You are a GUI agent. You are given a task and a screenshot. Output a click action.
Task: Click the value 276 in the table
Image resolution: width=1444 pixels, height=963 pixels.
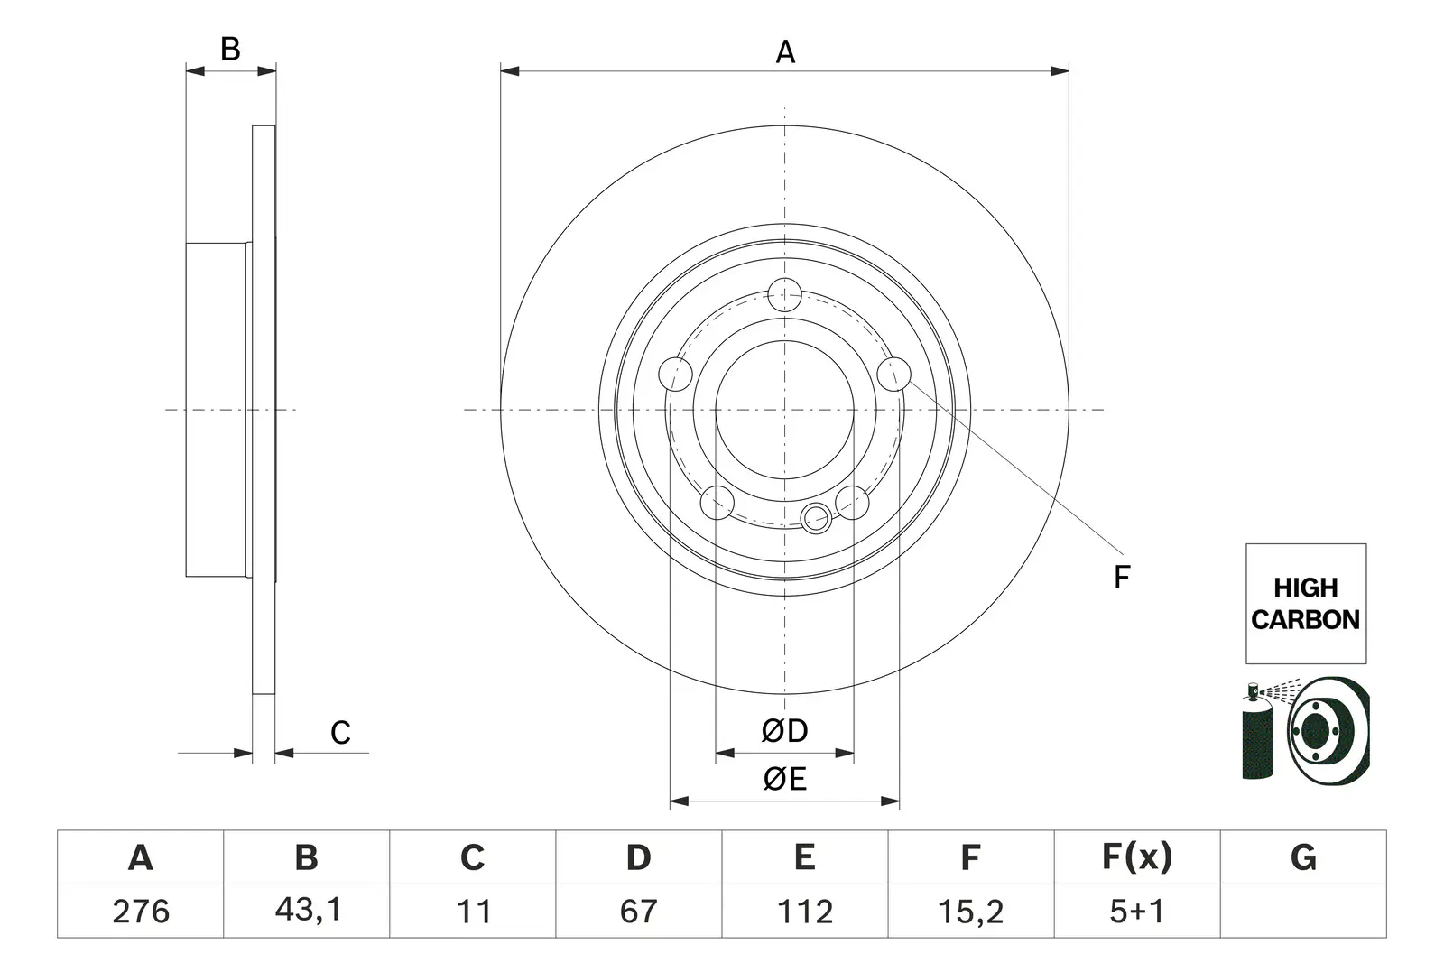coord(141,912)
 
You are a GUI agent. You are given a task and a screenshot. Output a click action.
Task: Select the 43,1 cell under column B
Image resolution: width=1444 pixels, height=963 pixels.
coord(308,910)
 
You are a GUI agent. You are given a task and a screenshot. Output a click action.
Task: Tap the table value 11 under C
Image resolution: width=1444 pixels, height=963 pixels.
coord(474,912)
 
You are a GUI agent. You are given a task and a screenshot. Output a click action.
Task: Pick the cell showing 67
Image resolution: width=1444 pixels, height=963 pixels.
coord(638,912)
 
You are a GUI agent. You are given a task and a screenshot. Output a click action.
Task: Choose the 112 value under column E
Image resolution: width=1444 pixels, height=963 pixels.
coord(804,912)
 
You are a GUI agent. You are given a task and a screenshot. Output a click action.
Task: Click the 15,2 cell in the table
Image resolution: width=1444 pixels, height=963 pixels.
coord(970,912)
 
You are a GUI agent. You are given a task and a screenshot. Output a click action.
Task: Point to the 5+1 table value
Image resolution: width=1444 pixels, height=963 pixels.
coord(1136,912)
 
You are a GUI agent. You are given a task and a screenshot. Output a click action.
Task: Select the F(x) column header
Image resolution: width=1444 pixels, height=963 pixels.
coord(1137,857)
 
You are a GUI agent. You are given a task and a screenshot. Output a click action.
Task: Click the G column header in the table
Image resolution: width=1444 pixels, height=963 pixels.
coord(1303,857)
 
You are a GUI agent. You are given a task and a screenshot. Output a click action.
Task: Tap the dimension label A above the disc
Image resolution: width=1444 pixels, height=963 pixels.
coord(785,52)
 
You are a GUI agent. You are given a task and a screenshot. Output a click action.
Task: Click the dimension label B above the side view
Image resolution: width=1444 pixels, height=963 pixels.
coord(230,49)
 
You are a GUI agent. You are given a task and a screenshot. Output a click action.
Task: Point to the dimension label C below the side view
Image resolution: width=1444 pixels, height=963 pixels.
coord(340,733)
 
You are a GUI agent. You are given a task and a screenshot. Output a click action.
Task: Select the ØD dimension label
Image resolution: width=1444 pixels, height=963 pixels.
coord(784,731)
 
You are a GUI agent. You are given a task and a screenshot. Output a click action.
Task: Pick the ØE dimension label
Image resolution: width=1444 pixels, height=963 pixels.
coord(784,779)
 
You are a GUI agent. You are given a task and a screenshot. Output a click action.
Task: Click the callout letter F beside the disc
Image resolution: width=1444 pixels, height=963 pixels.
coord(1122,577)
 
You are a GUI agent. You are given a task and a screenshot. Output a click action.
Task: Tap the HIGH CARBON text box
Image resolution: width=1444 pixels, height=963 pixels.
coord(1305,603)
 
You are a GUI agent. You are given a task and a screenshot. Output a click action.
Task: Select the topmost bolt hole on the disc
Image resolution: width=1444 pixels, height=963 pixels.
coord(784,295)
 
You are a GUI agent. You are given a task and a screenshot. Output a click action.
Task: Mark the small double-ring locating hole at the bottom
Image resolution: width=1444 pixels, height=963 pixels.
coord(816,517)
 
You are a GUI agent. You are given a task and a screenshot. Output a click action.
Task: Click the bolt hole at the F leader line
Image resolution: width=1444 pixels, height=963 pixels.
coord(893,375)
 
